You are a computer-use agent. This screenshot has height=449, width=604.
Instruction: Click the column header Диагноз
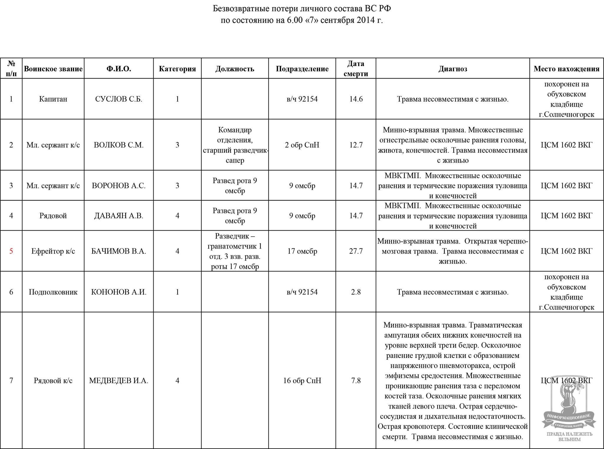pyautogui.click(x=452, y=69)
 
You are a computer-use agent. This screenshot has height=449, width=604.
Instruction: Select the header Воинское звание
pyautogui.click(x=53, y=69)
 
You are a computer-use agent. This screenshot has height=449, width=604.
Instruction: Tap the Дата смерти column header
pyautogui.click(x=356, y=69)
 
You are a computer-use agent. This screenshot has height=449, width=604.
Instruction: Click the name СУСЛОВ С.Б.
pyautogui.click(x=119, y=99)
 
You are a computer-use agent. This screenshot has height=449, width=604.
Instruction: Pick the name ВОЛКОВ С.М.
pyautogui.click(x=119, y=145)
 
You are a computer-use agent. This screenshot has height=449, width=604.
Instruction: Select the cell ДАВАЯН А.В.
pyautogui.click(x=119, y=216)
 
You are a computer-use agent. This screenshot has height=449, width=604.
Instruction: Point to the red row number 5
pyautogui.click(x=11, y=251)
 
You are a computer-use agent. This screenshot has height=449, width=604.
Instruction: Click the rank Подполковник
pyautogui.click(x=53, y=292)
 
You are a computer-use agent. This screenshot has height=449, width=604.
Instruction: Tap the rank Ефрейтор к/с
pyautogui.click(x=53, y=251)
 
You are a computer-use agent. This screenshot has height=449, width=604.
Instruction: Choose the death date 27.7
pyautogui.click(x=356, y=251)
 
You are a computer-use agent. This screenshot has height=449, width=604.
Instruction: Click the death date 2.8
pyautogui.click(x=356, y=292)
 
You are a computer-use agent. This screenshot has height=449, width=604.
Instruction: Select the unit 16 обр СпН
pyautogui.click(x=302, y=381)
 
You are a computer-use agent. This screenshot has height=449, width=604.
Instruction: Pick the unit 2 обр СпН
pyautogui.click(x=302, y=145)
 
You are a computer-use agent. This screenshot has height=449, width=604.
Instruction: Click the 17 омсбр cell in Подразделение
pyautogui.click(x=302, y=251)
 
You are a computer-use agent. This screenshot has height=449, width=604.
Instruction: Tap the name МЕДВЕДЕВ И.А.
pyautogui.click(x=119, y=381)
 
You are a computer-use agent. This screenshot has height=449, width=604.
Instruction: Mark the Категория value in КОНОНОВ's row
pyautogui.click(x=177, y=292)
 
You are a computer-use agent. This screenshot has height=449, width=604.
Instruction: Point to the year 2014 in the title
pyautogui.click(x=366, y=20)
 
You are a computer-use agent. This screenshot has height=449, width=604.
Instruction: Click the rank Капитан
pyautogui.click(x=53, y=99)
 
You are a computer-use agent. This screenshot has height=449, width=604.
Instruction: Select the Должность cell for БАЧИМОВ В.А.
pyautogui.click(x=235, y=251)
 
